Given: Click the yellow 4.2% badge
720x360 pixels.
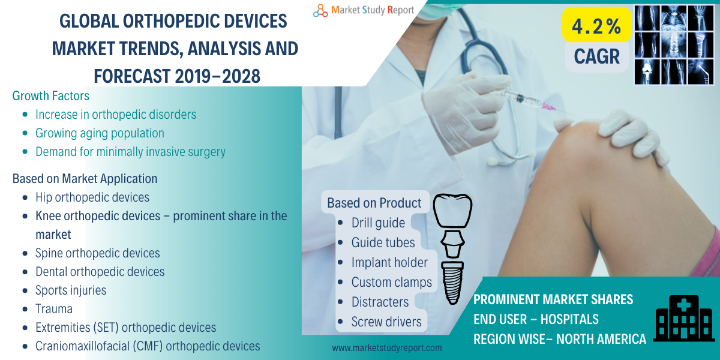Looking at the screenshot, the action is pos(596,25).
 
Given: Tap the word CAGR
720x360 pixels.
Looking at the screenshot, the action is pos(596,56).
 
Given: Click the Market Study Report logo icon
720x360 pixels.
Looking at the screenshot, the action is pos(320,11).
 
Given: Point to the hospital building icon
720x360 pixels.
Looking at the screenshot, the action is pos(683,318).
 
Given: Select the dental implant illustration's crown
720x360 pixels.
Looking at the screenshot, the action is pos(452,211).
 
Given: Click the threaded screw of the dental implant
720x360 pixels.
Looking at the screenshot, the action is pos(452,283).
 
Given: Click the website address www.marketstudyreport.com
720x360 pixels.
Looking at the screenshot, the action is pos(386,348).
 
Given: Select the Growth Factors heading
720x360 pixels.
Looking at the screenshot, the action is pos(51,96).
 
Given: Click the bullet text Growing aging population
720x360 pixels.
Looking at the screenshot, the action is pos(100,133).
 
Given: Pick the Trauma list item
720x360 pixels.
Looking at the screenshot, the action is pos(54,309).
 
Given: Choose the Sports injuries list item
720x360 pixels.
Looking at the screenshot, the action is pos(71,290).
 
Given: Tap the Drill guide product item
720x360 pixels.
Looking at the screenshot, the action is pos(378,223).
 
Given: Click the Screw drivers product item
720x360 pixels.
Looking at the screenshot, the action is pos(386,322).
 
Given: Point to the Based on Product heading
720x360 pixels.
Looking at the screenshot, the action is pos(374,203).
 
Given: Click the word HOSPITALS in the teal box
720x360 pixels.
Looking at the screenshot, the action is pos(569,319).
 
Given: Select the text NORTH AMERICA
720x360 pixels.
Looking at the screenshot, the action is pos(601,339).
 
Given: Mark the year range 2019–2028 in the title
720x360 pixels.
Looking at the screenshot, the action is pos(218,76).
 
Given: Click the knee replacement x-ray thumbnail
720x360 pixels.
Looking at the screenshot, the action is pos(647,71).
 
